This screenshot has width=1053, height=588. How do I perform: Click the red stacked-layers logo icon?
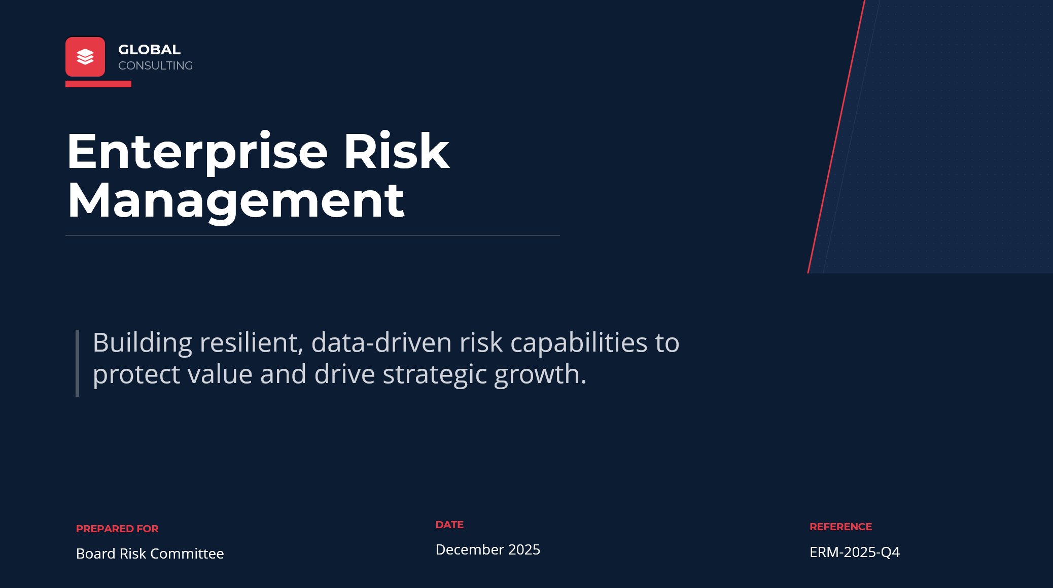[85, 57]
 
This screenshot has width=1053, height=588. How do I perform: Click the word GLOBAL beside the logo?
[149, 50]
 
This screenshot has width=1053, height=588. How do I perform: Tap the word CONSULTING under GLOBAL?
[155, 66]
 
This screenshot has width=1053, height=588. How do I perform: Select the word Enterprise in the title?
[197, 153]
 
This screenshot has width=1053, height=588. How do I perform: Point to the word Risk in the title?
[396, 151]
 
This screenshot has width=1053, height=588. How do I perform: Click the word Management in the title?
[236, 201]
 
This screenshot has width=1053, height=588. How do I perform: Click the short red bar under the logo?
[98, 84]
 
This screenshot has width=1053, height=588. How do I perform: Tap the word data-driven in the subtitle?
[381, 342]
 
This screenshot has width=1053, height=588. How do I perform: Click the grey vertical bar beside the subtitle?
[77, 363]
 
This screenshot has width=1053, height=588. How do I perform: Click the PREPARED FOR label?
[117, 529]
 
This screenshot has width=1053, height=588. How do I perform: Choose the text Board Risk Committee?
[150, 554]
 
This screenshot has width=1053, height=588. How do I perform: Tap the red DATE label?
[449, 525]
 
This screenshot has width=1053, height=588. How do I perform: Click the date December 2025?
[488, 549]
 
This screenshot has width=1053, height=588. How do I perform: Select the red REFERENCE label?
[840, 527]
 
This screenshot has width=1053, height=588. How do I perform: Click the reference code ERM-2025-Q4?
[855, 552]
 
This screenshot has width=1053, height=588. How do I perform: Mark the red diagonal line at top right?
[836, 136]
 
